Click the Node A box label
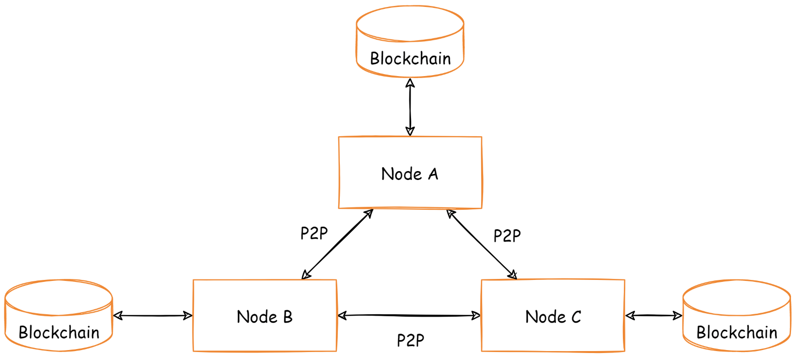[x=409, y=174]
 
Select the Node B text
[x=264, y=317]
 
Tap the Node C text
[x=553, y=317]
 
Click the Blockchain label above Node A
[x=410, y=59]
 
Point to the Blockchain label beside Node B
[x=59, y=332]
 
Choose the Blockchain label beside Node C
[x=736, y=332]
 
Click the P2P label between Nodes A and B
[x=314, y=233]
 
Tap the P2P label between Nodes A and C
[x=507, y=236]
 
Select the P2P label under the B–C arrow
[x=410, y=341]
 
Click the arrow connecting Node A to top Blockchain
[x=410, y=107]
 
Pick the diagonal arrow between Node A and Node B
[x=337, y=244]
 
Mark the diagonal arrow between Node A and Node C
[x=482, y=244]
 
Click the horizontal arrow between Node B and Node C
[x=409, y=315]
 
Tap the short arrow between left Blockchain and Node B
[x=153, y=315]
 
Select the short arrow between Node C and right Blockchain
[x=654, y=315]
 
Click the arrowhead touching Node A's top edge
[x=410, y=131]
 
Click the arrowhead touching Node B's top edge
[x=306, y=274]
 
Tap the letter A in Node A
[x=433, y=174]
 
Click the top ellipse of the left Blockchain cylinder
[x=59, y=298]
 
